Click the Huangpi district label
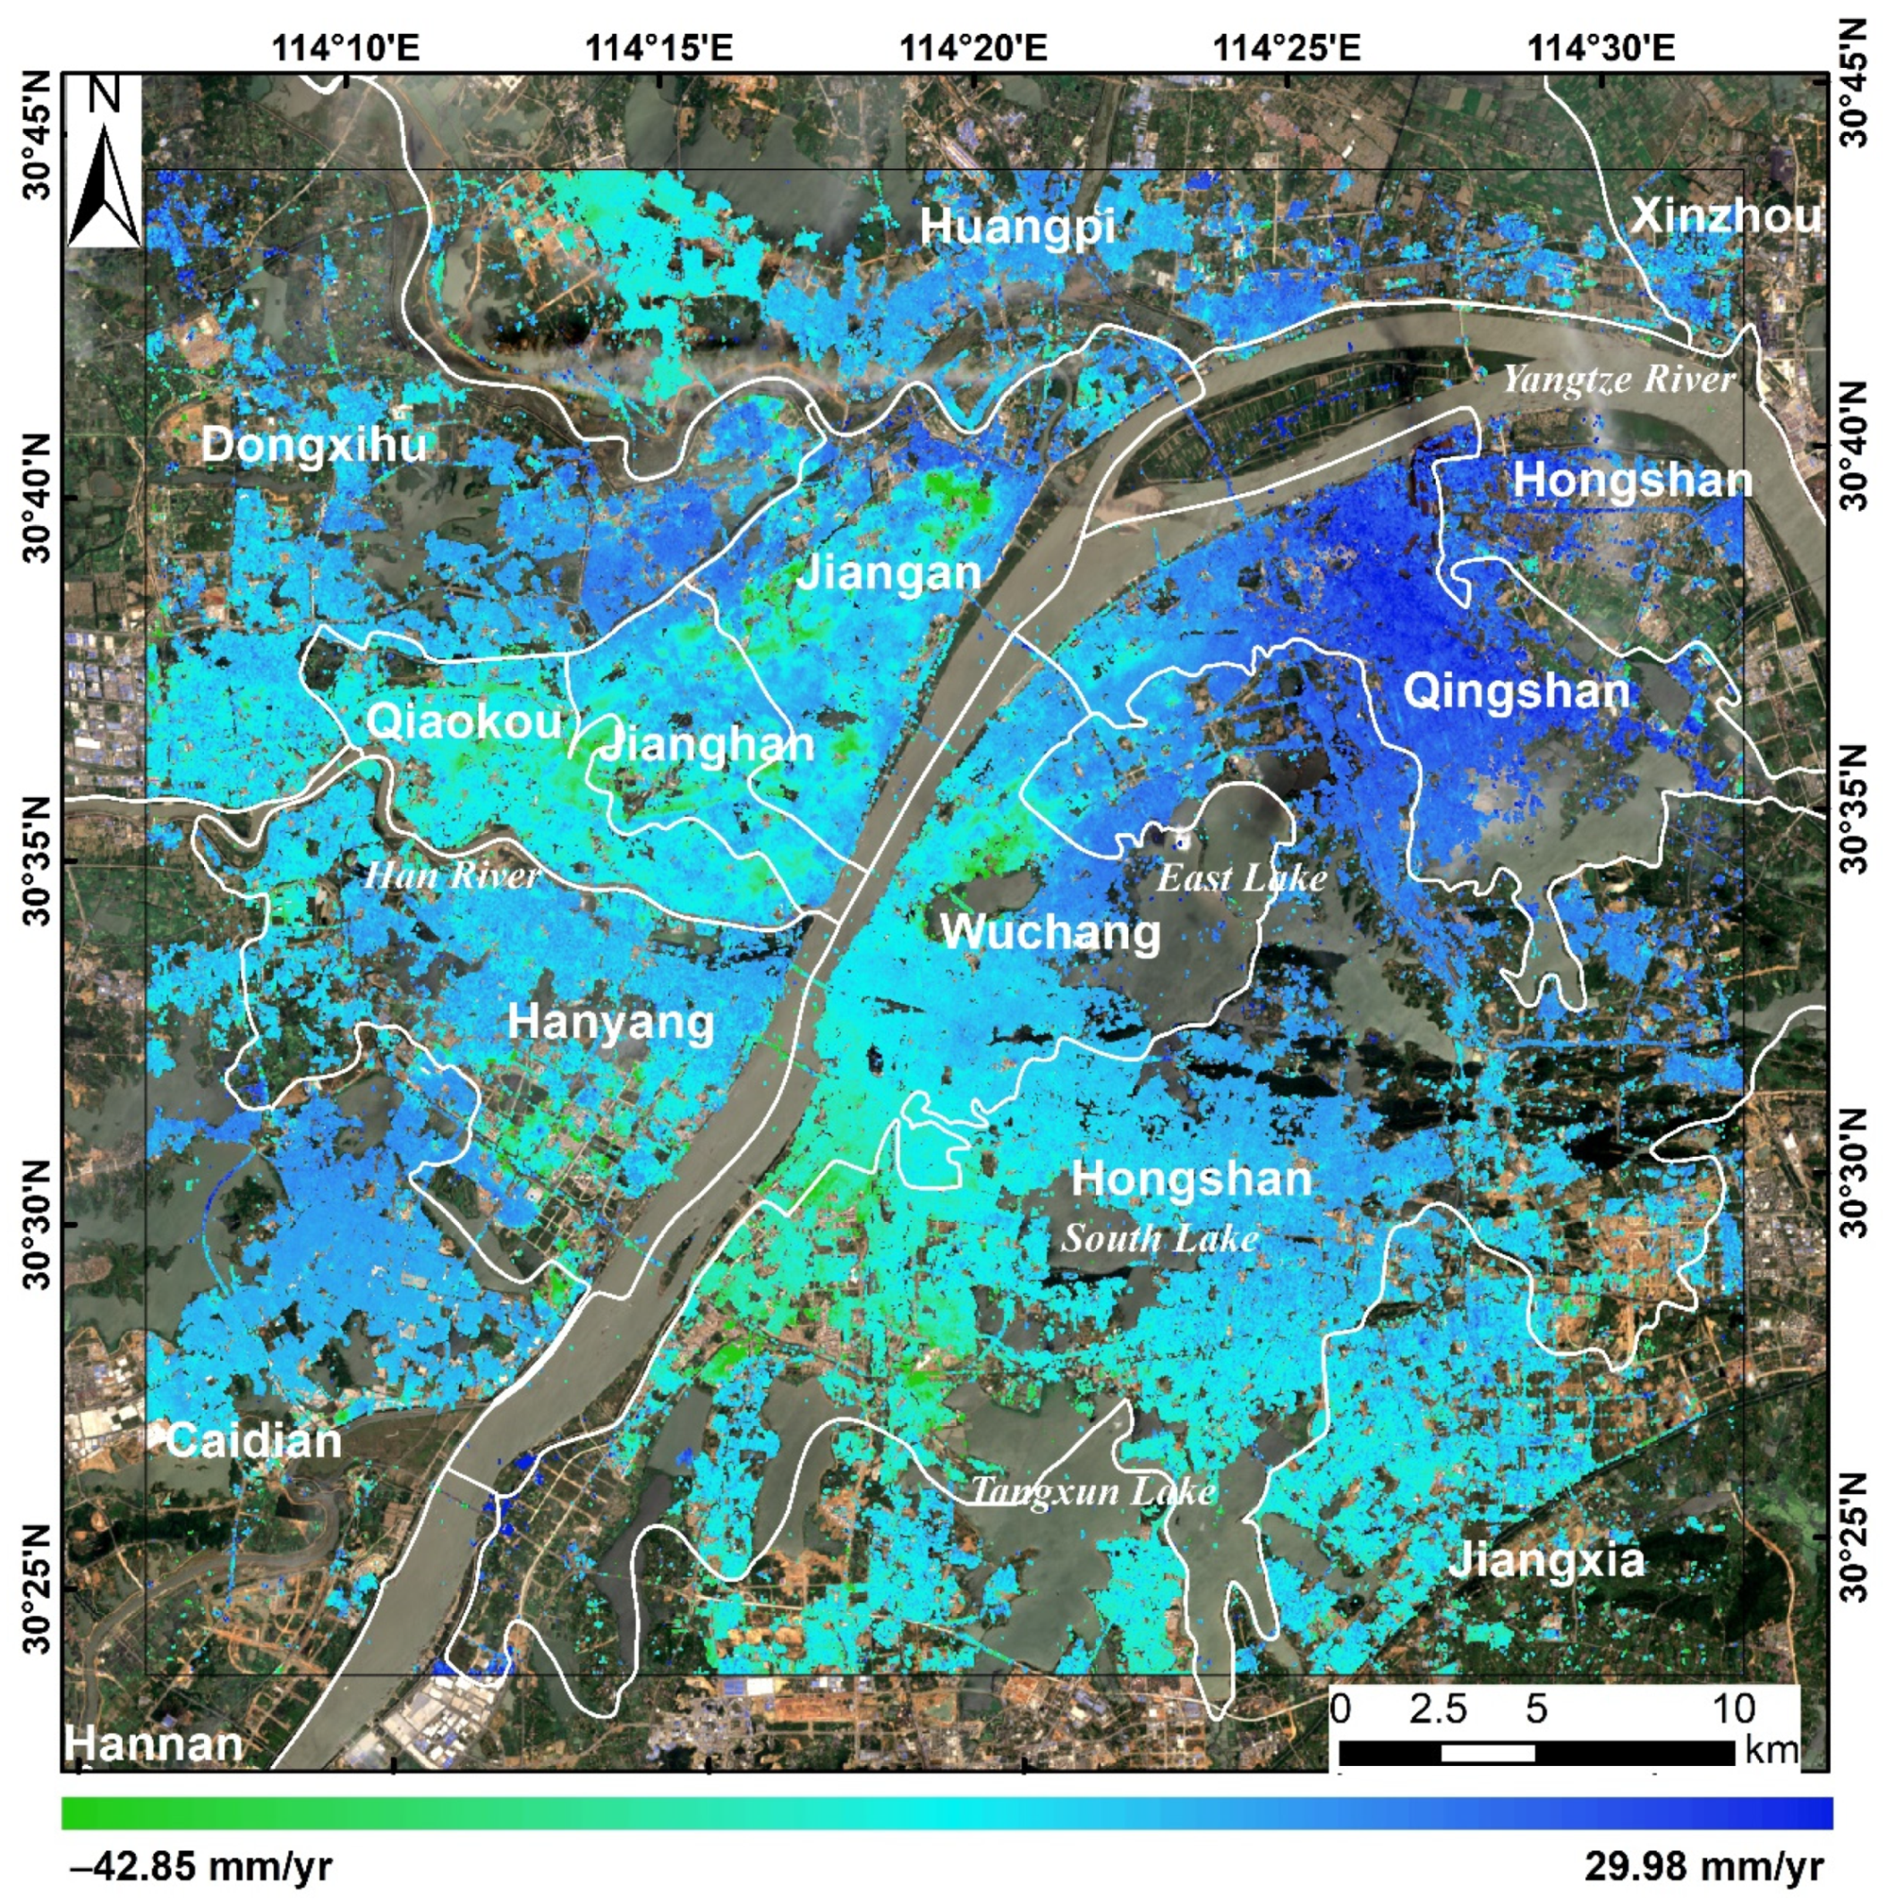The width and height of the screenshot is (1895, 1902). point(1017,227)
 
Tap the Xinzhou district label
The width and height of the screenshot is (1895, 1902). point(1725,216)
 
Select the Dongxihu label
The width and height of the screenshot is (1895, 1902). point(314,445)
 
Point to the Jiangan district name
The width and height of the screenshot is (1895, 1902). point(888,573)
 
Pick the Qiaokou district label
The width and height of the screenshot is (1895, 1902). point(463,722)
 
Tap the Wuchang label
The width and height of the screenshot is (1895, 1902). point(1050,931)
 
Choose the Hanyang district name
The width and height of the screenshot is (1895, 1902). point(610,1022)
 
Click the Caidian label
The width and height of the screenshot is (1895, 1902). point(253,1441)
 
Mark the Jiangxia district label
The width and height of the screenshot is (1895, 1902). point(1545,1559)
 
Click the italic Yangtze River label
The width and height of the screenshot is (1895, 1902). point(1618,379)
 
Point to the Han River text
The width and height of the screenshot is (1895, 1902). point(452,875)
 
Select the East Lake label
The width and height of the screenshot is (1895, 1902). point(1240,877)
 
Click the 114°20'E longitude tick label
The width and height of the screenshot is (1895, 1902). point(974,47)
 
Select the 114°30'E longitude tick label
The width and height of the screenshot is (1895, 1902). point(1601,47)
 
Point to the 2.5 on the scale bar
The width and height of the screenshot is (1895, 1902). point(1437,1710)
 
